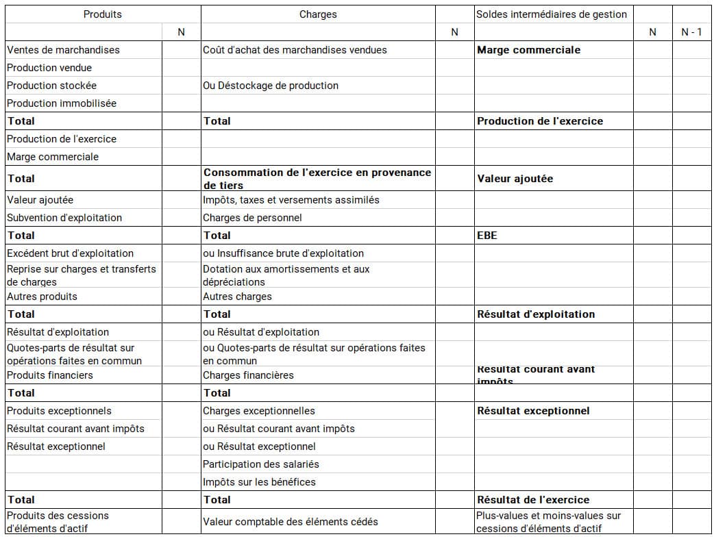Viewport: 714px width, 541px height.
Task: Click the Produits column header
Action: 103,14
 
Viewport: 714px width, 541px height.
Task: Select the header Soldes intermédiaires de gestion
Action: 551,14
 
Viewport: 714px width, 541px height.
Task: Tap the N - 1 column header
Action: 691,32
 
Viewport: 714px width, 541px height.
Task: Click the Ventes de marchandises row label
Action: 63,50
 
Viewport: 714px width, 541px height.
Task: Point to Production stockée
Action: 51,86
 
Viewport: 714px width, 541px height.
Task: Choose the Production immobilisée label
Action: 62,103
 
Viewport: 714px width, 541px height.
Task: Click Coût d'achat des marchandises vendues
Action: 295,50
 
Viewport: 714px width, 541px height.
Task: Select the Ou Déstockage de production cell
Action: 271,86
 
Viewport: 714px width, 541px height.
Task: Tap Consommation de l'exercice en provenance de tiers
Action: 317,179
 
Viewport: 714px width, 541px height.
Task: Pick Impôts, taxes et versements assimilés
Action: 291,200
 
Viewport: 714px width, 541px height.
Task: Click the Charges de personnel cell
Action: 252,218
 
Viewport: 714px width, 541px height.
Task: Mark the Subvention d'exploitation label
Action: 64,218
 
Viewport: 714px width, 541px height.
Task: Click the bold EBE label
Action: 487,236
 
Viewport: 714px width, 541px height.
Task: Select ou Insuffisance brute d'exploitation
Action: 283,253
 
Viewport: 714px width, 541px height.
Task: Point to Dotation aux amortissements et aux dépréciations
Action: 286,275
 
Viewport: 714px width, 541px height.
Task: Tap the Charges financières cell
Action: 248,375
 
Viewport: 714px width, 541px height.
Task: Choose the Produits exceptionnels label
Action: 59,411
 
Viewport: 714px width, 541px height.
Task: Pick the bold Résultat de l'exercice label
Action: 533,500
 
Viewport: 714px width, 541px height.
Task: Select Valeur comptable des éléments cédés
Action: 291,522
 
